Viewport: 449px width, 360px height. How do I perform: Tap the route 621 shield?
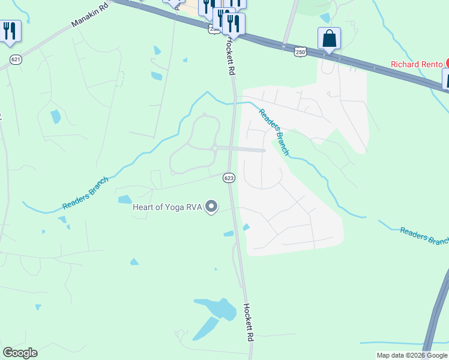[x=16, y=58]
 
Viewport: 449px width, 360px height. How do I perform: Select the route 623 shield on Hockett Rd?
[x=228, y=178]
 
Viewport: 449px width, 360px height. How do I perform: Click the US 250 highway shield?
[x=301, y=53]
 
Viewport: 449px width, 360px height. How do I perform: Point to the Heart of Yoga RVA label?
[x=166, y=208]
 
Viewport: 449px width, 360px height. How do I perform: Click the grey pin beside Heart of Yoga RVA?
[x=211, y=207]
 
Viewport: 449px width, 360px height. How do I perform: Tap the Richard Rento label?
[x=417, y=64]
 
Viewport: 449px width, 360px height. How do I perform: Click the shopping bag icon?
[x=329, y=40]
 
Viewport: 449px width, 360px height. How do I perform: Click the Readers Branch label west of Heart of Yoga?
[x=86, y=193]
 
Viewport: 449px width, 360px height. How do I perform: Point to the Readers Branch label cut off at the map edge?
[x=424, y=235]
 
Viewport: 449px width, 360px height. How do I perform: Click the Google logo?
[x=20, y=353]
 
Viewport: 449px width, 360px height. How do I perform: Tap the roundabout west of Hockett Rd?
[x=214, y=148]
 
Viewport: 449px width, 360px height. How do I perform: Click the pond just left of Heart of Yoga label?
[x=125, y=199]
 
